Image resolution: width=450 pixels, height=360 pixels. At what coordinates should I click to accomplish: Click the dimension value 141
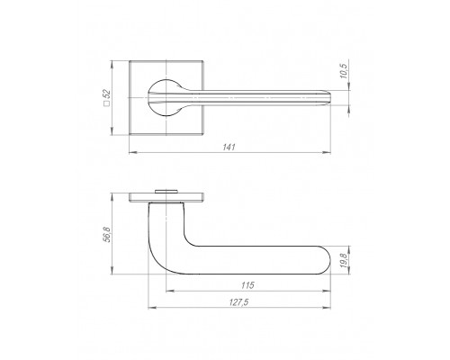point(229,148)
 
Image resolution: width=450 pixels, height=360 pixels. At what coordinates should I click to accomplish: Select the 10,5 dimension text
point(344,71)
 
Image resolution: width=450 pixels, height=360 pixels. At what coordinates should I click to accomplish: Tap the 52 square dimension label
point(107,94)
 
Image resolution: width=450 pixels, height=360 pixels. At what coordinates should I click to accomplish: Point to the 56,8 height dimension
point(108,235)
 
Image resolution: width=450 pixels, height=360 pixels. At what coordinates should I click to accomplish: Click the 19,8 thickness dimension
point(344,260)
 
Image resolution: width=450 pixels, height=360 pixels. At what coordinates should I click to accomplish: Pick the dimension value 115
point(247,285)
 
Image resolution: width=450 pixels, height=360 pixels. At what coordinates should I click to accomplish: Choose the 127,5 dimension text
point(239,302)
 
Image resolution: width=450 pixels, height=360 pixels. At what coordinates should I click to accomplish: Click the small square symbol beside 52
point(106,103)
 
